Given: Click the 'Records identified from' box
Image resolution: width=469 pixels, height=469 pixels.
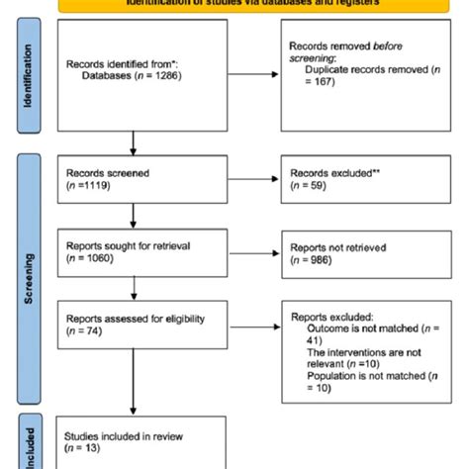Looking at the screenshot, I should (x=132, y=70).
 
